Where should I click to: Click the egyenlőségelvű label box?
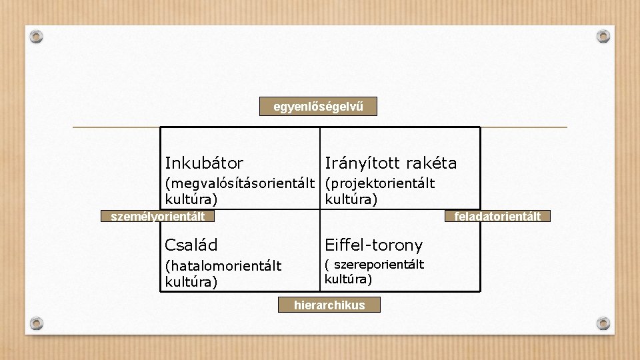click(318, 107)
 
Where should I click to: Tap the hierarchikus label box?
click(330, 305)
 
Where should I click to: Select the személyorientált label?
click(153, 216)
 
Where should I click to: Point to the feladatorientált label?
click(497, 216)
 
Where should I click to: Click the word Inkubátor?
click(204, 163)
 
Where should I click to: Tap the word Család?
click(191, 245)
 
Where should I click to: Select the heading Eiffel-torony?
click(373, 246)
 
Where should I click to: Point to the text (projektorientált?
click(379, 183)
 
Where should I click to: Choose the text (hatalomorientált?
click(223, 267)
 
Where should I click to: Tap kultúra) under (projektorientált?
click(351, 199)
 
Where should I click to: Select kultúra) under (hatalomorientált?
click(191, 282)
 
